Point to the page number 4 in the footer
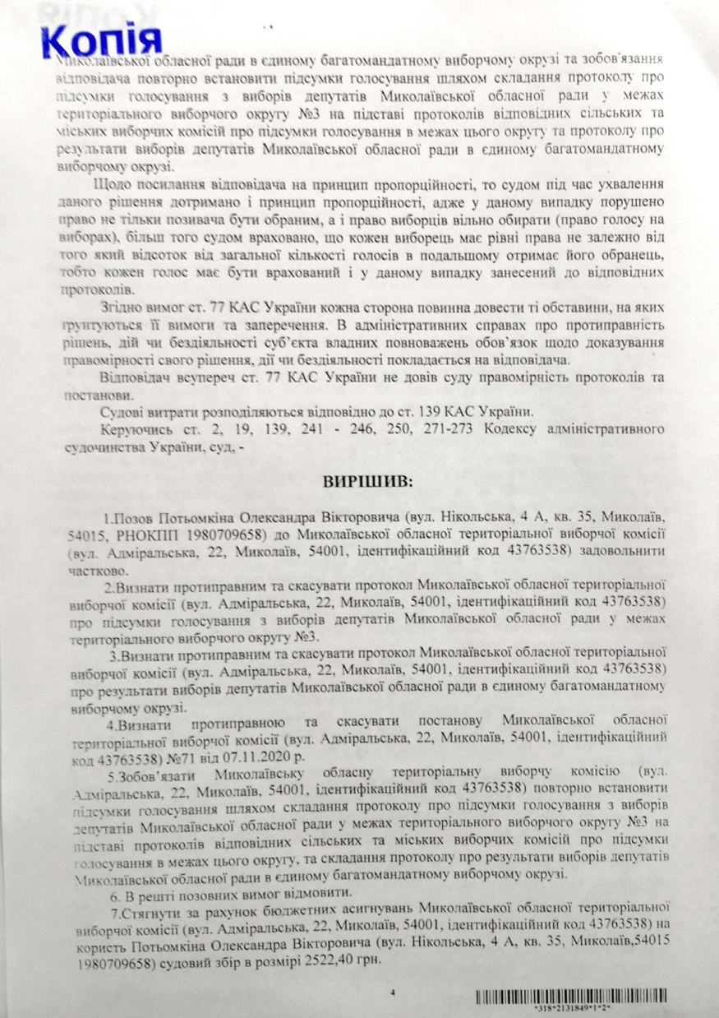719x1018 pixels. tap(392, 993)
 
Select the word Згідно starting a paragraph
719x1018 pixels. tap(125, 307)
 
